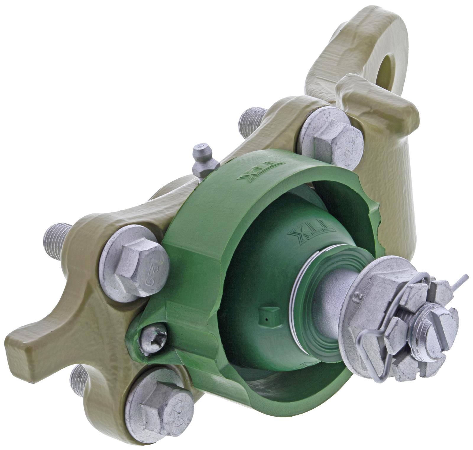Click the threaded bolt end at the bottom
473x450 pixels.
click(79, 380)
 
